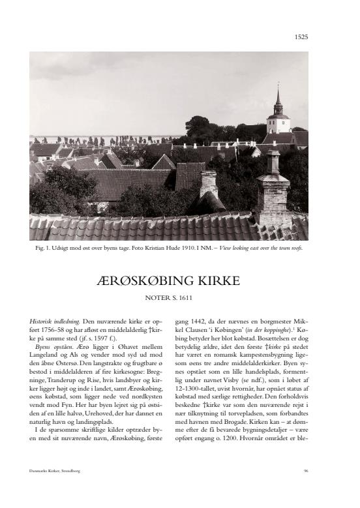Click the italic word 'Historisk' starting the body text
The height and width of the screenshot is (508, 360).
coord(41,321)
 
